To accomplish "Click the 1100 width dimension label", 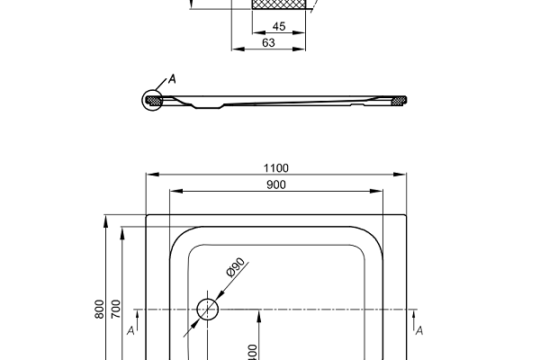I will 276,167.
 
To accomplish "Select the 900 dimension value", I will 276,185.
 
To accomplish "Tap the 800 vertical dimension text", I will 99,310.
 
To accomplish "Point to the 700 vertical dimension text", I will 116,310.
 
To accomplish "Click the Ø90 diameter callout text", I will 236,268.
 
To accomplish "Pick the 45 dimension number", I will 278,27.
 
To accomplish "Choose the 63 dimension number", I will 268,42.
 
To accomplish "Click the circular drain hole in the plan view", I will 208,310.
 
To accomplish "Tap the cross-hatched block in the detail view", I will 278,4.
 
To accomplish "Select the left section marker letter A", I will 131,331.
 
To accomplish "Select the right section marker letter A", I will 419,331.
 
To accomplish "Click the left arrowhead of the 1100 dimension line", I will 150,174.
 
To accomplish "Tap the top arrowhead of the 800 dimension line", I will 107,220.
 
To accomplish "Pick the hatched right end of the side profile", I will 400,100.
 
